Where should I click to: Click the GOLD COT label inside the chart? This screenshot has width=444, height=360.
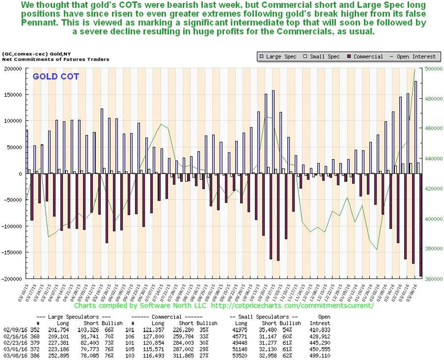pos(56,76)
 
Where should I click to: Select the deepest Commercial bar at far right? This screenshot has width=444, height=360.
pos(421,225)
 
